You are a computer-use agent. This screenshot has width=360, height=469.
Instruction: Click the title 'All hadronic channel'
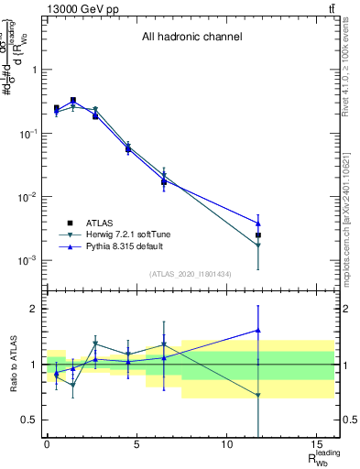(191, 38)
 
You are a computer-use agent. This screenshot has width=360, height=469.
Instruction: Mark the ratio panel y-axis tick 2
(32, 309)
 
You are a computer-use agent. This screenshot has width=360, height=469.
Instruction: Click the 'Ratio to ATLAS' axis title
(11, 364)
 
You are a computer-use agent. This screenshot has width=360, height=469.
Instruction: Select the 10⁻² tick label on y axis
(27, 197)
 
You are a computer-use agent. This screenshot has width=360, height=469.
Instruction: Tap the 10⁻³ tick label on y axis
(27, 260)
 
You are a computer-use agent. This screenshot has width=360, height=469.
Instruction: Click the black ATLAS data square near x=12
(258, 235)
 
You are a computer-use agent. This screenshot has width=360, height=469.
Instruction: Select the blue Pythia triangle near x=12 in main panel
(258, 224)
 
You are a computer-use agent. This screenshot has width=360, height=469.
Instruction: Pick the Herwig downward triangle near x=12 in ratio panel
(258, 396)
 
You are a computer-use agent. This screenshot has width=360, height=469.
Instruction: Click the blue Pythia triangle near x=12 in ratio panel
(258, 331)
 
